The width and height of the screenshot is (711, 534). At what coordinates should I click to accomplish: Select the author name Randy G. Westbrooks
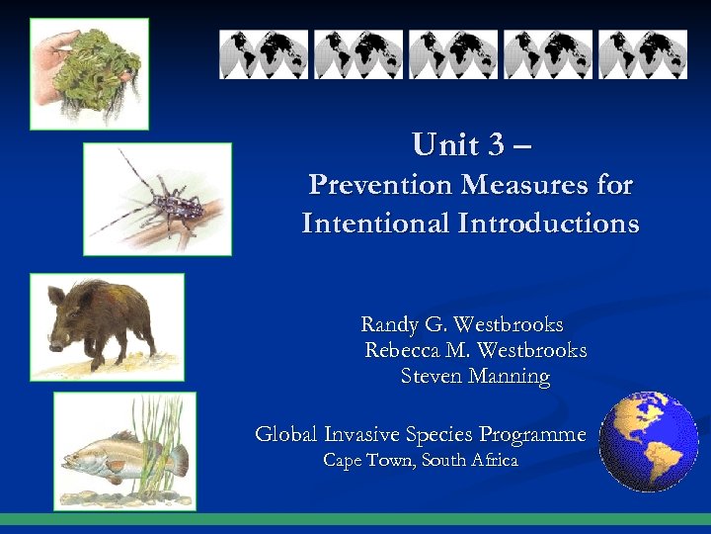tap(461, 324)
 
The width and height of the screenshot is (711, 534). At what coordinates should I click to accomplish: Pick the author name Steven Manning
tap(475, 376)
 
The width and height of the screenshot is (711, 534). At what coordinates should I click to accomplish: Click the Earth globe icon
tap(649, 441)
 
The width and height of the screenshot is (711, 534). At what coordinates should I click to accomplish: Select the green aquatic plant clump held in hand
tap(94, 64)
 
